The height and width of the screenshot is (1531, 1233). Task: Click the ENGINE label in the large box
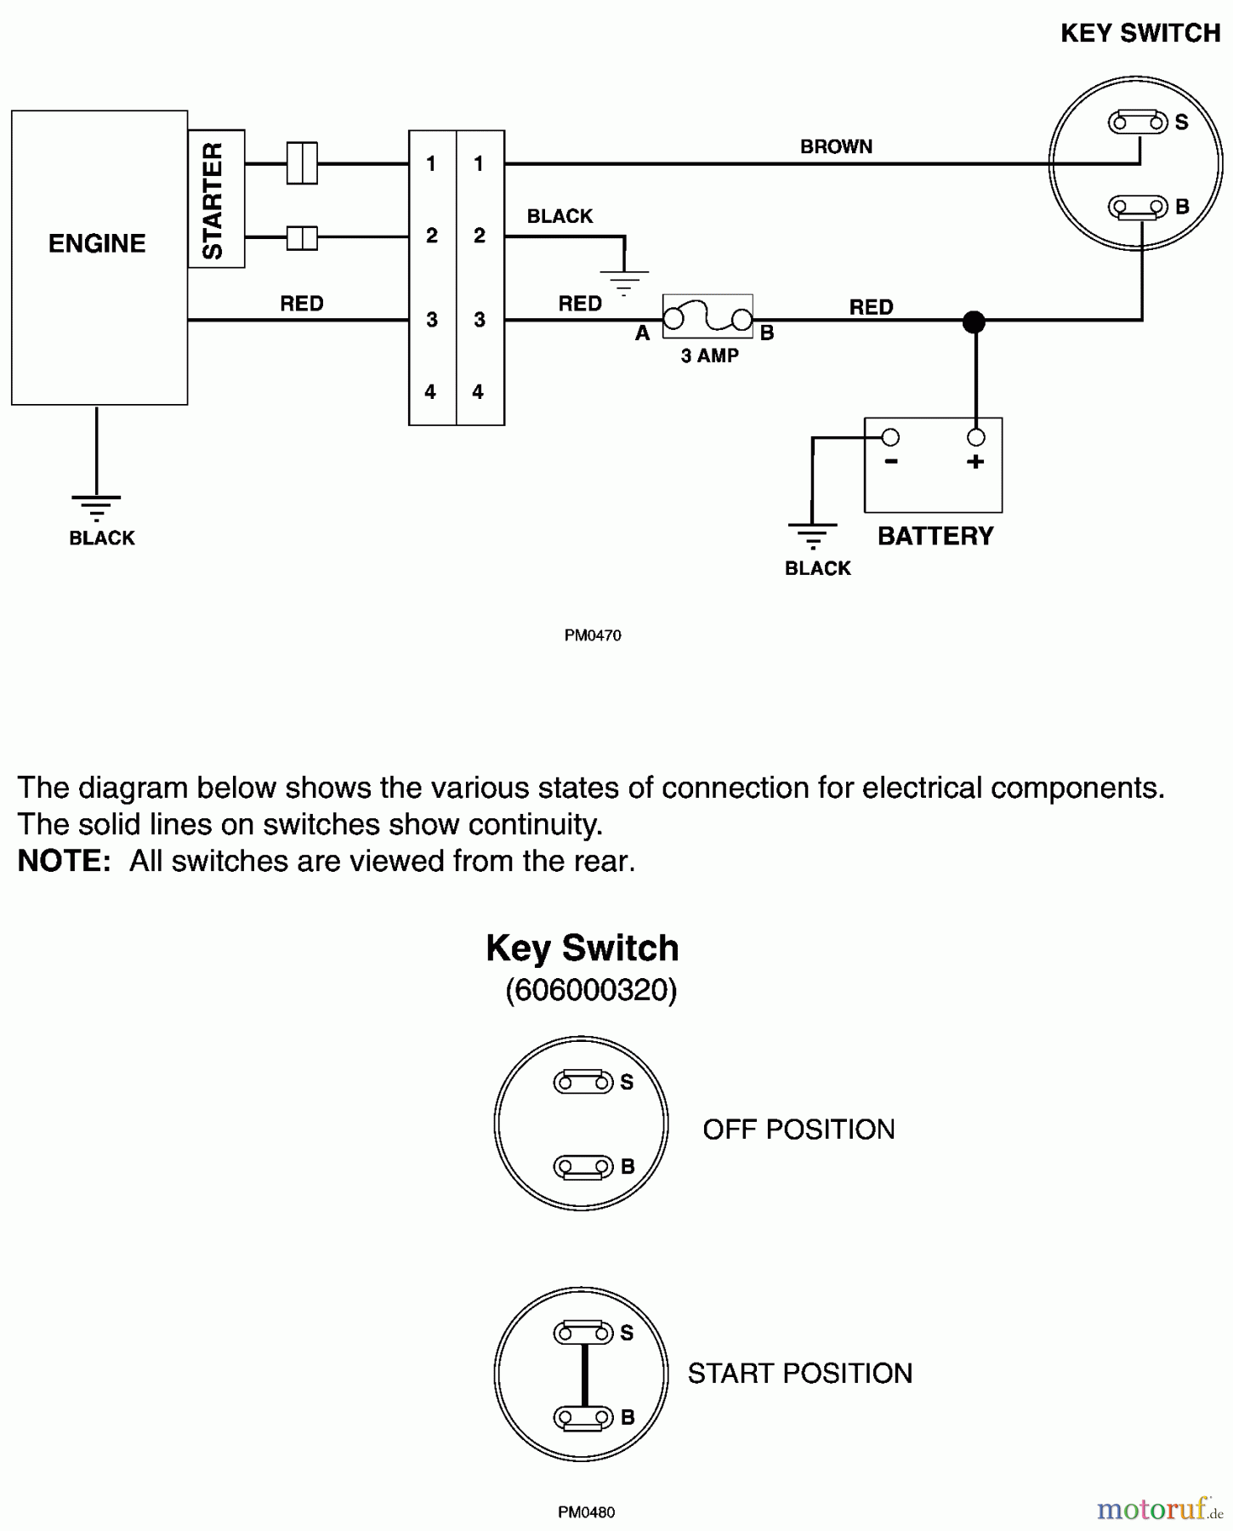(97, 243)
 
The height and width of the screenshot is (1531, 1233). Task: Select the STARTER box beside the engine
(216, 199)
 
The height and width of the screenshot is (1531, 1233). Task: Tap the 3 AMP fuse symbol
(707, 317)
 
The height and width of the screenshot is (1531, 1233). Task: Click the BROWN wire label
(836, 146)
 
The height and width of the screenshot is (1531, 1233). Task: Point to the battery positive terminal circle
(976, 437)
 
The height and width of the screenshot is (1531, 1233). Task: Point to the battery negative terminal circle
(890, 437)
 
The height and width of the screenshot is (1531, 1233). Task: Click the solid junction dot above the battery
(974, 322)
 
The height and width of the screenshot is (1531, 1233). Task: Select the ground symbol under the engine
(96, 507)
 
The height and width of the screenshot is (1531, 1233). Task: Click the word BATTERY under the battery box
(935, 536)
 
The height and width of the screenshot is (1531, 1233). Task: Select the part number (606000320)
(591, 989)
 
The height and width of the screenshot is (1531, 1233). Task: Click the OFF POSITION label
(798, 1129)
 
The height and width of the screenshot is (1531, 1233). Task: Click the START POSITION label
(799, 1373)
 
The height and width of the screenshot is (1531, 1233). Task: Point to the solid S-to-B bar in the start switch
(584, 1374)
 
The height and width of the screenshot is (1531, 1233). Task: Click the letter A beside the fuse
(643, 333)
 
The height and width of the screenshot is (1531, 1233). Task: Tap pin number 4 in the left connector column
(430, 391)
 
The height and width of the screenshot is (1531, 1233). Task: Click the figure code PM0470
(593, 635)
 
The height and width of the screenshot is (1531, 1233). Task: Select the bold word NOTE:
(65, 861)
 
